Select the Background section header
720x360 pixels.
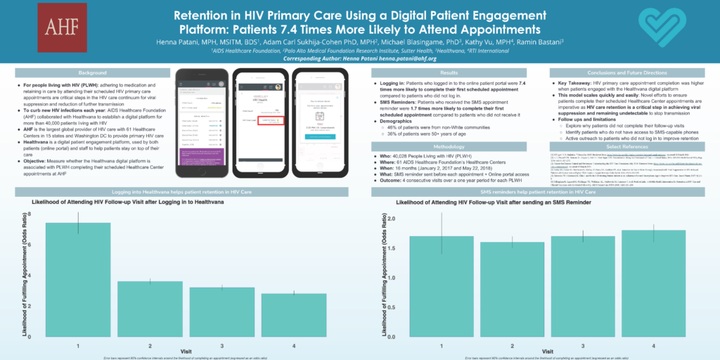coord(92,72)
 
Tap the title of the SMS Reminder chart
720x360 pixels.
coord(493,202)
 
